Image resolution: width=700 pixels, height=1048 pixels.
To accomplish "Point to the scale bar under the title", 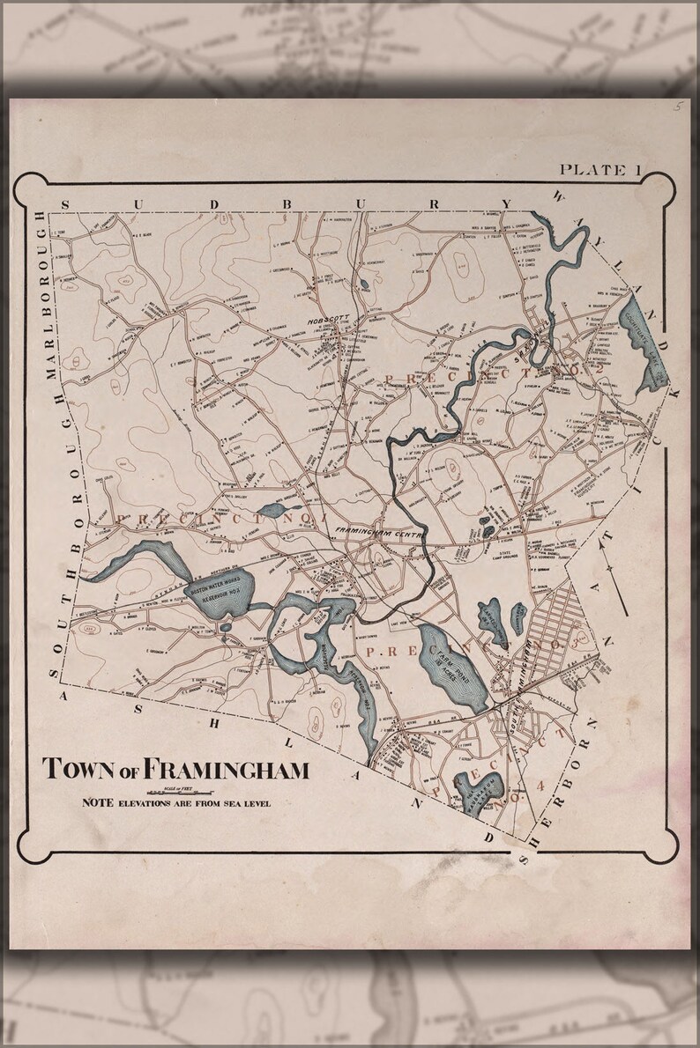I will [176, 790].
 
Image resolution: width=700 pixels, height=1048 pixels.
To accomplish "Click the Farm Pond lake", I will [451, 666].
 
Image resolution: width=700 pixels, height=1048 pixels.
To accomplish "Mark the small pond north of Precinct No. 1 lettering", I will [271, 511].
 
